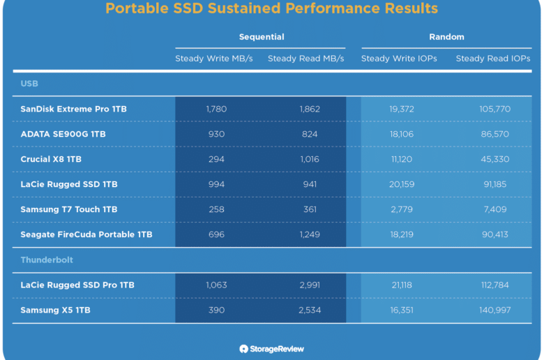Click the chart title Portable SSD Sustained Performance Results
coord(272,8)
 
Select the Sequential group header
coord(262,37)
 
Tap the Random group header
coord(446,37)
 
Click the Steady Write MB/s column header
coord(213,59)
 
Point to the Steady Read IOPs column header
coord(493,59)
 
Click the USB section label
coord(29,84)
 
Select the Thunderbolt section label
coord(47,260)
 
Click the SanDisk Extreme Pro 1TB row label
coord(73,109)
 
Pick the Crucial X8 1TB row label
coord(51,159)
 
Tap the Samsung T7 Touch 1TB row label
coord(68,209)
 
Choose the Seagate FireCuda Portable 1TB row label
coord(86,234)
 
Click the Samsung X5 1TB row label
coord(56,310)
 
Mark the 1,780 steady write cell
coord(216,109)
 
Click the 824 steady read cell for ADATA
coord(310,134)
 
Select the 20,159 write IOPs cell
coord(402,184)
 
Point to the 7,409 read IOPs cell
coord(495,209)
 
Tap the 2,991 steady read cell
coord(310,285)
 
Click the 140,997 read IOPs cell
coord(495,310)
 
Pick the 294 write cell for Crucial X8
coord(216,159)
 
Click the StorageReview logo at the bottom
coord(272,349)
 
